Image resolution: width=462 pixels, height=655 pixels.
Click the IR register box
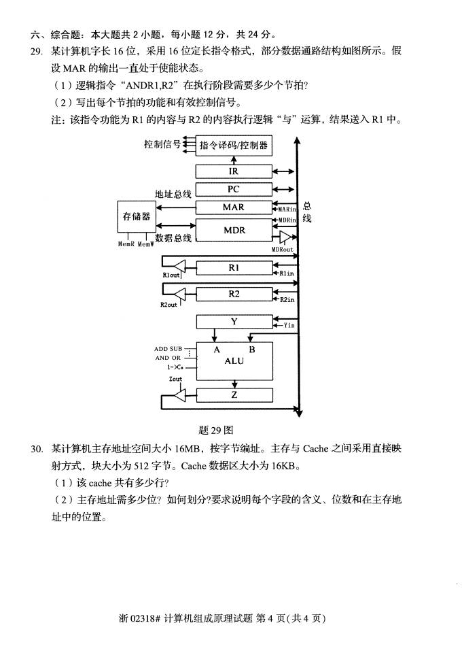tap(234, 171)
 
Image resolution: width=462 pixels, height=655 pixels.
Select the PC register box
tap(234, 189)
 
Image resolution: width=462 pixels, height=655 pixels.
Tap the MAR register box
tap(234, 207)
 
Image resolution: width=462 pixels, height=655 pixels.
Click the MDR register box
tap(234, 230)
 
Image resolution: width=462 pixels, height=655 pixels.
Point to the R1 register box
tap(234, 268)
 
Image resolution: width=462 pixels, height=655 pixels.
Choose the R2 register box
tap(234, 294)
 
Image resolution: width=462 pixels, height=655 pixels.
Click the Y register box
tap(234, 322)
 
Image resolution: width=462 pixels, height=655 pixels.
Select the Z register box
tap(234, 394)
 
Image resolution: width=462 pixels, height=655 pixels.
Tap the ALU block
tap(234, 361)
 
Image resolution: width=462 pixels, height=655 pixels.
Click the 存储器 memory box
tap(137, 216)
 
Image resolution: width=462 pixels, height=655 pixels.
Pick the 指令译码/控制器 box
tap(234, 146)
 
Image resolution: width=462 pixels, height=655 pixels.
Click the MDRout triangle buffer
tap(285, 237)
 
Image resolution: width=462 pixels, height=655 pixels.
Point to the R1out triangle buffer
tap(179, 265)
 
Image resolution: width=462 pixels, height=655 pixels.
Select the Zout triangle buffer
tap(179, 394)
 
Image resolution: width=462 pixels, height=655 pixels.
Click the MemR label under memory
tap(126, 244)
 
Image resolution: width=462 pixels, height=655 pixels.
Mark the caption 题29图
tap(216, 430)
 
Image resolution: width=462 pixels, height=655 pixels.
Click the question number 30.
tap(36, 449)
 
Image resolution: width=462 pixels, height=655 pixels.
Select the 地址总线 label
tap(173, 194)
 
